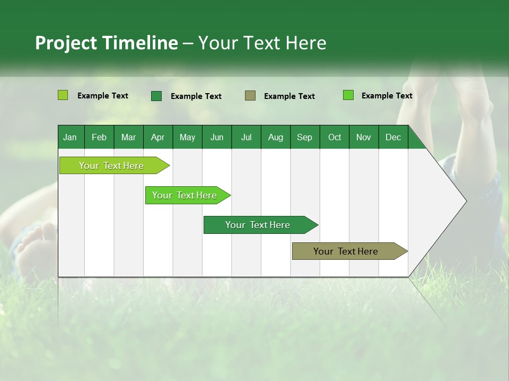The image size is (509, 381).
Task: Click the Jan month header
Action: [71, 137]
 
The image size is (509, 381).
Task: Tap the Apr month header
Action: [158, 137]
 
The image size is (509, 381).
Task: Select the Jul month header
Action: [246, 137]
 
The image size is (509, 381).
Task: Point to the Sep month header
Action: [305, 137]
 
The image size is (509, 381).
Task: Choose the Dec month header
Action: [393, 137]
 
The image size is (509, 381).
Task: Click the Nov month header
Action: [364, 137]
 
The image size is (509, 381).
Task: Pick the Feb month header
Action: [99, 137]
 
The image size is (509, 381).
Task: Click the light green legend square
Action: [63, 95]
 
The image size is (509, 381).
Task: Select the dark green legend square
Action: [156, 96]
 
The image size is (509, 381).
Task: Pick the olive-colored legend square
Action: [250, 96]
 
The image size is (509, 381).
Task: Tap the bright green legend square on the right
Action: [348, 95]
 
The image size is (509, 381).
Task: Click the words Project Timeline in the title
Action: [107, 43]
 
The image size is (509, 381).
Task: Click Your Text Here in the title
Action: [262, 43]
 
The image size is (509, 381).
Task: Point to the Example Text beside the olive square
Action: [289, 96]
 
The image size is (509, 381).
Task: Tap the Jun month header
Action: [217, 137]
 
